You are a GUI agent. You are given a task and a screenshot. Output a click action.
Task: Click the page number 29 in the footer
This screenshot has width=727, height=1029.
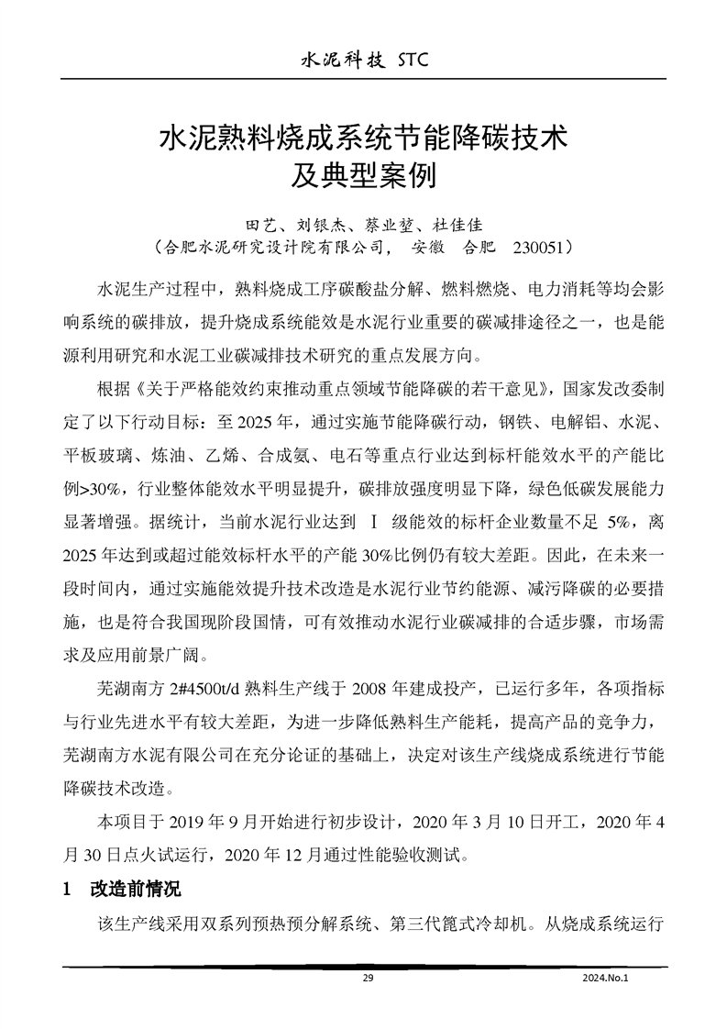[x=369, y=979]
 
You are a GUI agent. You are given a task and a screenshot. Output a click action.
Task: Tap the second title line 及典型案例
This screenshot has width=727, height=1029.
[x=364, y=174]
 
